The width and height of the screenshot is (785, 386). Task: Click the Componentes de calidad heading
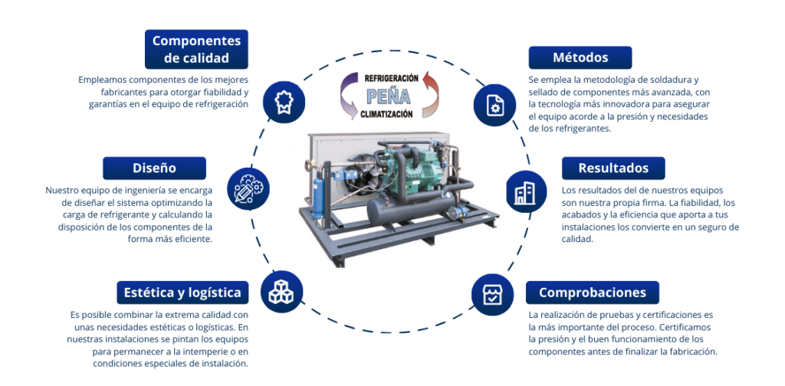196,50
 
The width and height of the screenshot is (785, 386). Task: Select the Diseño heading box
154,168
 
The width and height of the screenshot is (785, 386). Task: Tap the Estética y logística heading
182,292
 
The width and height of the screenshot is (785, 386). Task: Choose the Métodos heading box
580,57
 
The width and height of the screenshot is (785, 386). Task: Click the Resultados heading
613,168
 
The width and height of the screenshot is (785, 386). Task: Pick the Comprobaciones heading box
592,293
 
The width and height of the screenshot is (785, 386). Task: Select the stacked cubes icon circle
281,290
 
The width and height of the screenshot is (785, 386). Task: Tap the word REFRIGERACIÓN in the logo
391,79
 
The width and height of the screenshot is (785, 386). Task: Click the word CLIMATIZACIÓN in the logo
386,113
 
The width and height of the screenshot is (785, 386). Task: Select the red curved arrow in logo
429,90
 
